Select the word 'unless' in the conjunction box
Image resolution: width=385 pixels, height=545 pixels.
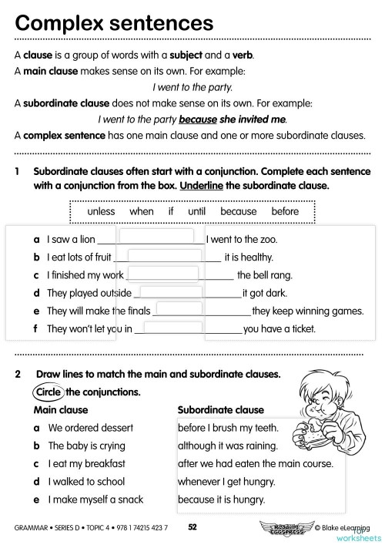(x=102, y=211)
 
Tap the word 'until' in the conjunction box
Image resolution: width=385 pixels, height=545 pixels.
(x=197, y=211)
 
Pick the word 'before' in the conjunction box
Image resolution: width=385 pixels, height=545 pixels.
(x=285, y=211)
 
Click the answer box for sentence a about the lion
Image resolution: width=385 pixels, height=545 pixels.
(x=158, y=237)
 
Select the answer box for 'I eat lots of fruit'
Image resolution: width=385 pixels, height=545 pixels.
(x=164, y=255)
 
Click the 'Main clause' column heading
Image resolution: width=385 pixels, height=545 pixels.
(x=61, y=410)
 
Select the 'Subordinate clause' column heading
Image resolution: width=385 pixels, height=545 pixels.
(x=220, y=410)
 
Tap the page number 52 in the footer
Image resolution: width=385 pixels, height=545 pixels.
(x=193, y=526)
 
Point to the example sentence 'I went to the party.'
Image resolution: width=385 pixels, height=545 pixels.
(x=192, y=87)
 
